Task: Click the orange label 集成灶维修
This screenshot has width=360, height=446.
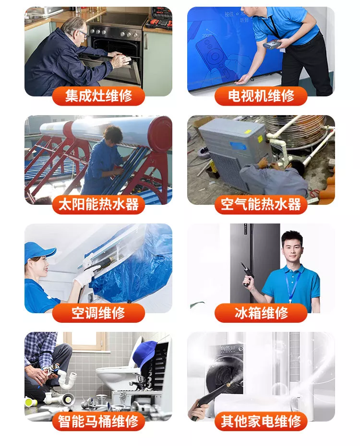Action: (x=98, y=96)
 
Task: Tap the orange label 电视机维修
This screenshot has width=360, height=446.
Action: (x=261, y=96)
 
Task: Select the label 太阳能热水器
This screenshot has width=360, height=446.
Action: (x=98, y=204)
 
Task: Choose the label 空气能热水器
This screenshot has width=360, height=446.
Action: (x=261, y=204)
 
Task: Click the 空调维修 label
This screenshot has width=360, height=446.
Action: (x=98, y=313)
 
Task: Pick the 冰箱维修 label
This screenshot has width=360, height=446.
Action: (x=261, y=313)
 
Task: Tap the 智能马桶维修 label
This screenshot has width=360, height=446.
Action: (x=98, y=421)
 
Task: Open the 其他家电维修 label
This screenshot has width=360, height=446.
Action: (x=261, y=421)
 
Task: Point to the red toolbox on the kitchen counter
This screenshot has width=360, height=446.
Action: (x=159, y=18)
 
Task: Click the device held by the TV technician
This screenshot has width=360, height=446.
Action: (x=272, y=44)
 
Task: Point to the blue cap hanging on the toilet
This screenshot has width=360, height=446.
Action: (x=144, y=353)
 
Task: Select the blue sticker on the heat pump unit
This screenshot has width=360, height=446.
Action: (x=238, y=146)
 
